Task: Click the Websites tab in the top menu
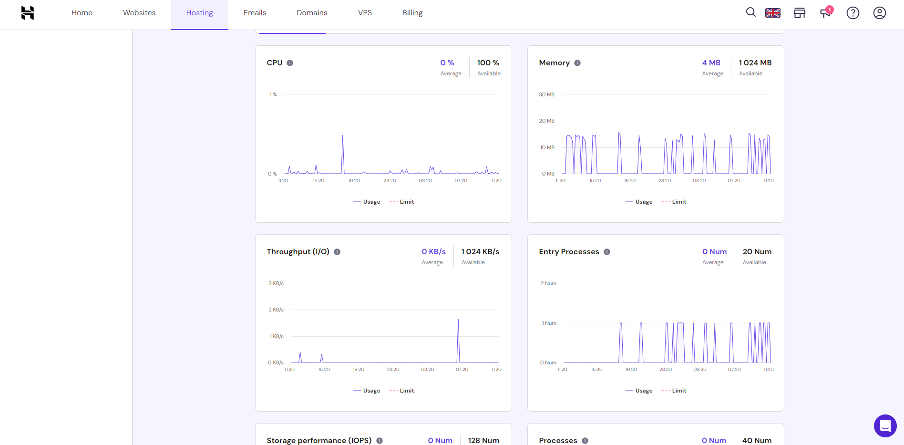click(139, 13)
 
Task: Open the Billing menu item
click(412, 13)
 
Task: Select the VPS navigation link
click(365, 13)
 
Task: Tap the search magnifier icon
click(750, 12)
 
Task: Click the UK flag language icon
click(772, 13)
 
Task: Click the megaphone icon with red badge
click(825, 12)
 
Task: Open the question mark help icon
click(853, 13)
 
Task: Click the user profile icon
click(879, 13)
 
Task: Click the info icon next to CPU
click(290, 63)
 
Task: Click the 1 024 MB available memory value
click(755, 63)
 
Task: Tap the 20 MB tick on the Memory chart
click(546, 121)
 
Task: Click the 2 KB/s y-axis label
click(276, 310)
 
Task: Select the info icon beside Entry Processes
click(607, 252)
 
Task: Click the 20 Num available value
click(757, 252)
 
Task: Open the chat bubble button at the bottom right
click(885, 425)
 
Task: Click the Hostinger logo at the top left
click(28, 13)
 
